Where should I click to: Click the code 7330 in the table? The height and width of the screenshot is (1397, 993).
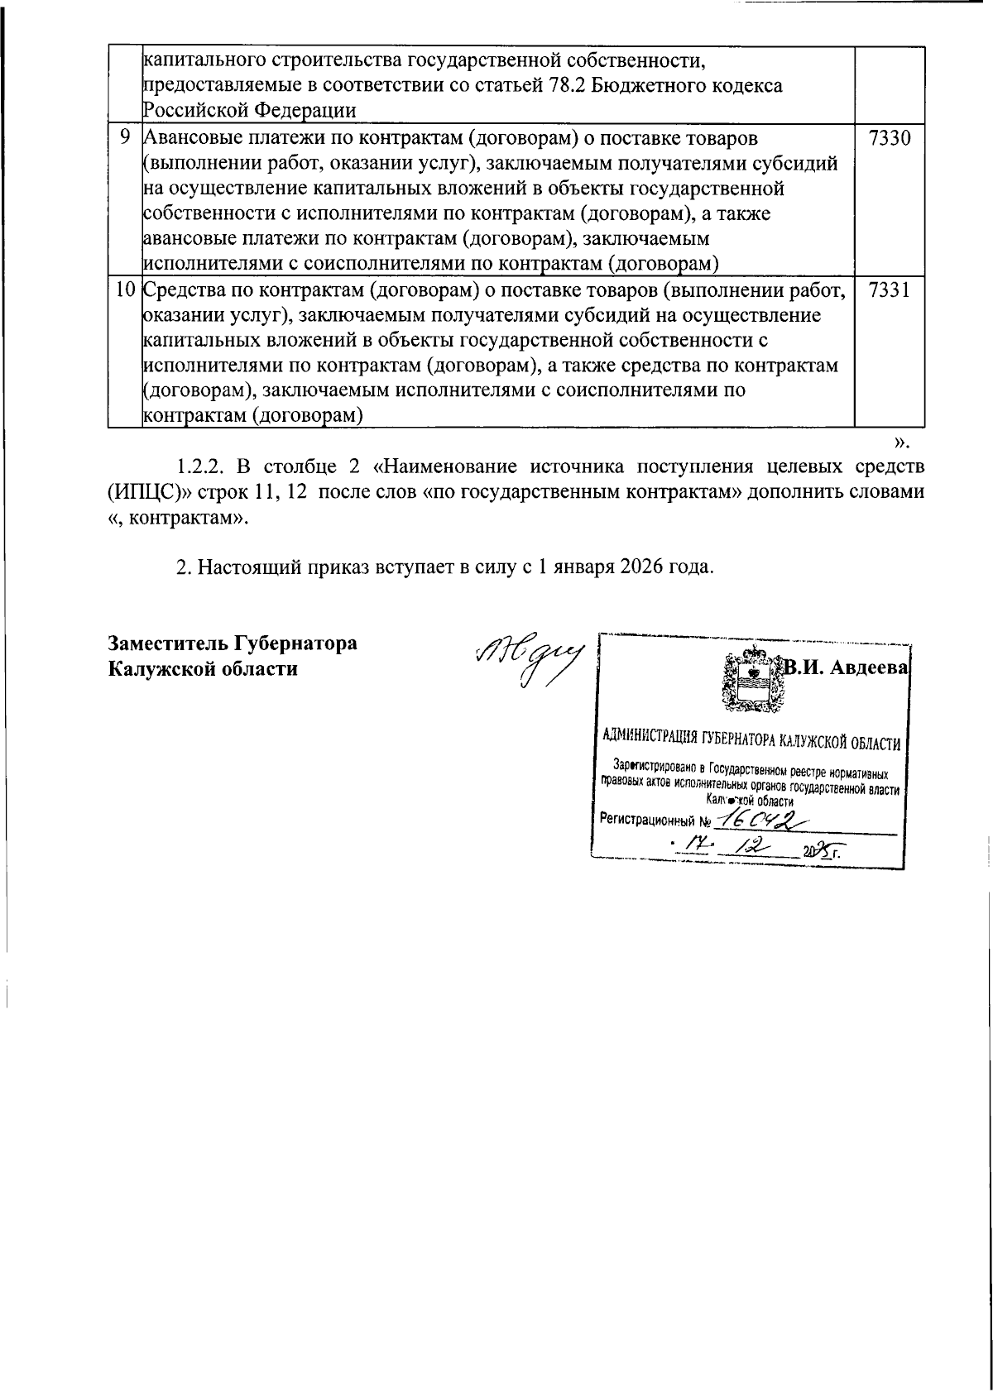[890, 138]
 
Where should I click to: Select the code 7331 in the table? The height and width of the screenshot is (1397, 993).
[890, 291]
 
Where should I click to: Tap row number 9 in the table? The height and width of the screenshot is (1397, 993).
[124, 138]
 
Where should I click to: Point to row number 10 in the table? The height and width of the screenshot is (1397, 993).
[124, 291]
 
